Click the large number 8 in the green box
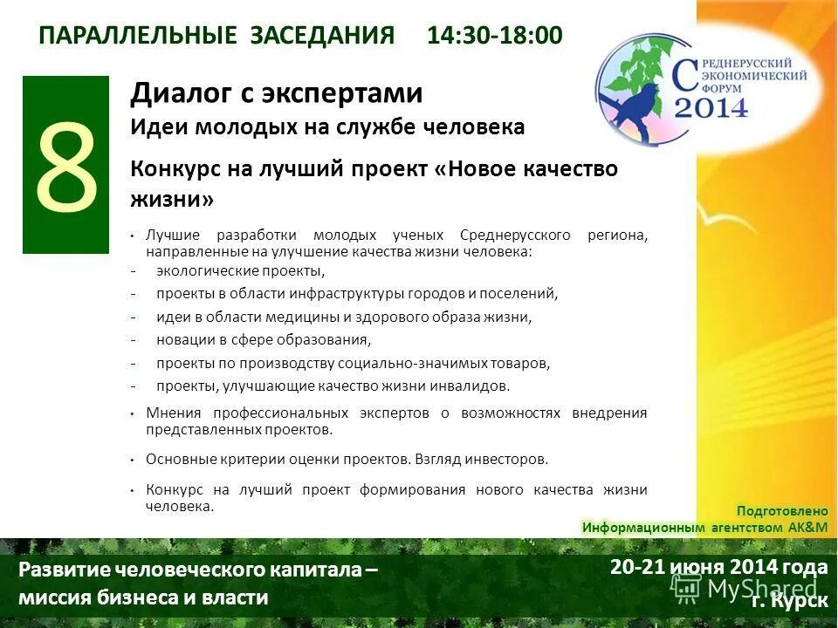[65, 166]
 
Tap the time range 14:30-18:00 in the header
[495, 36]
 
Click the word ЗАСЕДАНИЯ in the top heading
[323, 36]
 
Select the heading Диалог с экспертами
[277, 92]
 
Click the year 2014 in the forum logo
[711, 107]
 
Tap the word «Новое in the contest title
[478, 168]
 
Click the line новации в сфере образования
[264, 339]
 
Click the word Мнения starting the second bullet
[174, 413]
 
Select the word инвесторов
[512, 458]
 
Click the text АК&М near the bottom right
[807, 528]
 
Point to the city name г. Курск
[789, 599]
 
